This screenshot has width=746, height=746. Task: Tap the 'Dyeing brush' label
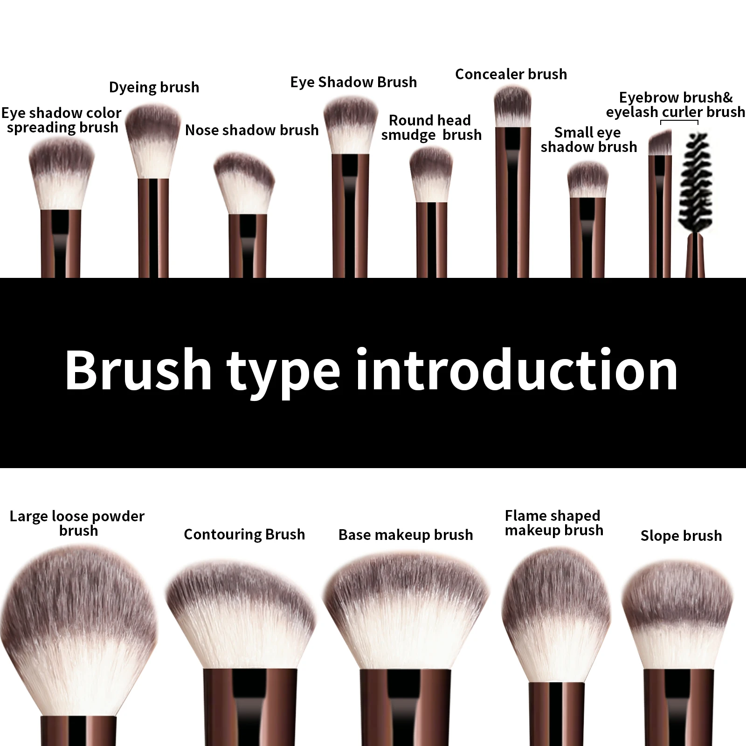(154, 87)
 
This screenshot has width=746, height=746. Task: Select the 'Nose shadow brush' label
(252, 130)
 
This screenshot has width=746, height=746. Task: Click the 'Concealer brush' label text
(511, 74)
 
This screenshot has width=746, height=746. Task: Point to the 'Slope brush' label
(681, 536)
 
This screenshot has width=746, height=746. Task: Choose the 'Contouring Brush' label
(244, 534)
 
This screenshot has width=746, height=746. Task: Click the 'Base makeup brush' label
(406, 535)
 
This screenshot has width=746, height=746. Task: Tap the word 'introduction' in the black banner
(517, 371)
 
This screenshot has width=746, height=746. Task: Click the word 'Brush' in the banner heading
(138, 371)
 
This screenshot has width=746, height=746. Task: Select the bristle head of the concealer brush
(512, 107)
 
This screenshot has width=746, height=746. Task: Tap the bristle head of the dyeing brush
(153, 140)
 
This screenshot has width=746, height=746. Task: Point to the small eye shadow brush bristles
(587, 180)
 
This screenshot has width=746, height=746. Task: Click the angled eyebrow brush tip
(660, 143)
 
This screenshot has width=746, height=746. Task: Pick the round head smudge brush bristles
(431, 175)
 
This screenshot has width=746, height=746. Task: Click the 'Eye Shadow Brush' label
(353, 82)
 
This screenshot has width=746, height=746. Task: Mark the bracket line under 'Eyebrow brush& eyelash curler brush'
(679, 122)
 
